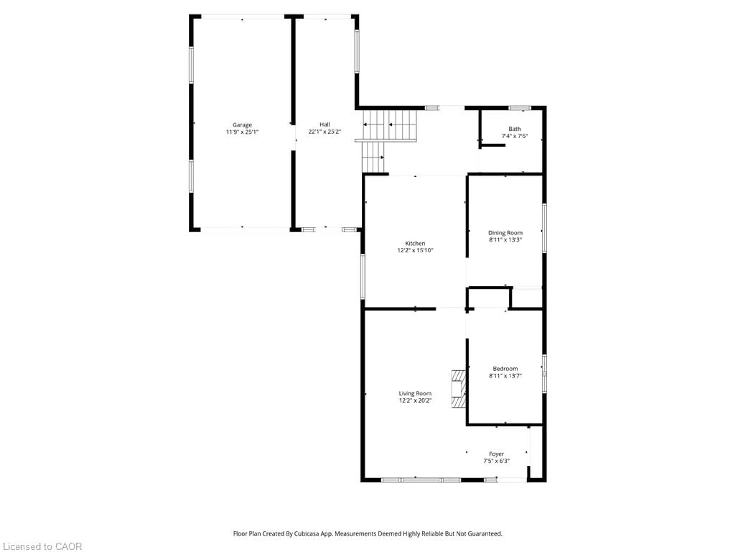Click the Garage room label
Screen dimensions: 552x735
click(x=242, y=125)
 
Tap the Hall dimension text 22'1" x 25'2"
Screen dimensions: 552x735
click(x=325, y=132)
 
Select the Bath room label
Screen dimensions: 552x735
click(x=514, y=129)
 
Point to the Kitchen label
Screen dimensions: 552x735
click(x=415, y=243)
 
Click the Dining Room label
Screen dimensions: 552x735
click(x=505, y=232)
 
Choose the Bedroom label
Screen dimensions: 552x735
click(x=505, y=369)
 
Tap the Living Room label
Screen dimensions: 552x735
click(x=415, y=393)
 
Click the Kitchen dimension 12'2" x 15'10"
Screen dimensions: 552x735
click(x=415, y=250)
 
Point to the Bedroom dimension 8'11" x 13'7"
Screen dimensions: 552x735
click(x=505, y=376)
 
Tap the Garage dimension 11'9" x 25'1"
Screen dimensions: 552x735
click(x=242, y=132)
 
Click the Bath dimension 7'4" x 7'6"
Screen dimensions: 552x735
click(x=514, y=136)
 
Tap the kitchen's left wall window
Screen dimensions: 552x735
click(x=363, y=276)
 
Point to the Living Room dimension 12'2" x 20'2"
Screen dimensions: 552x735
click(x=415, y=400)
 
